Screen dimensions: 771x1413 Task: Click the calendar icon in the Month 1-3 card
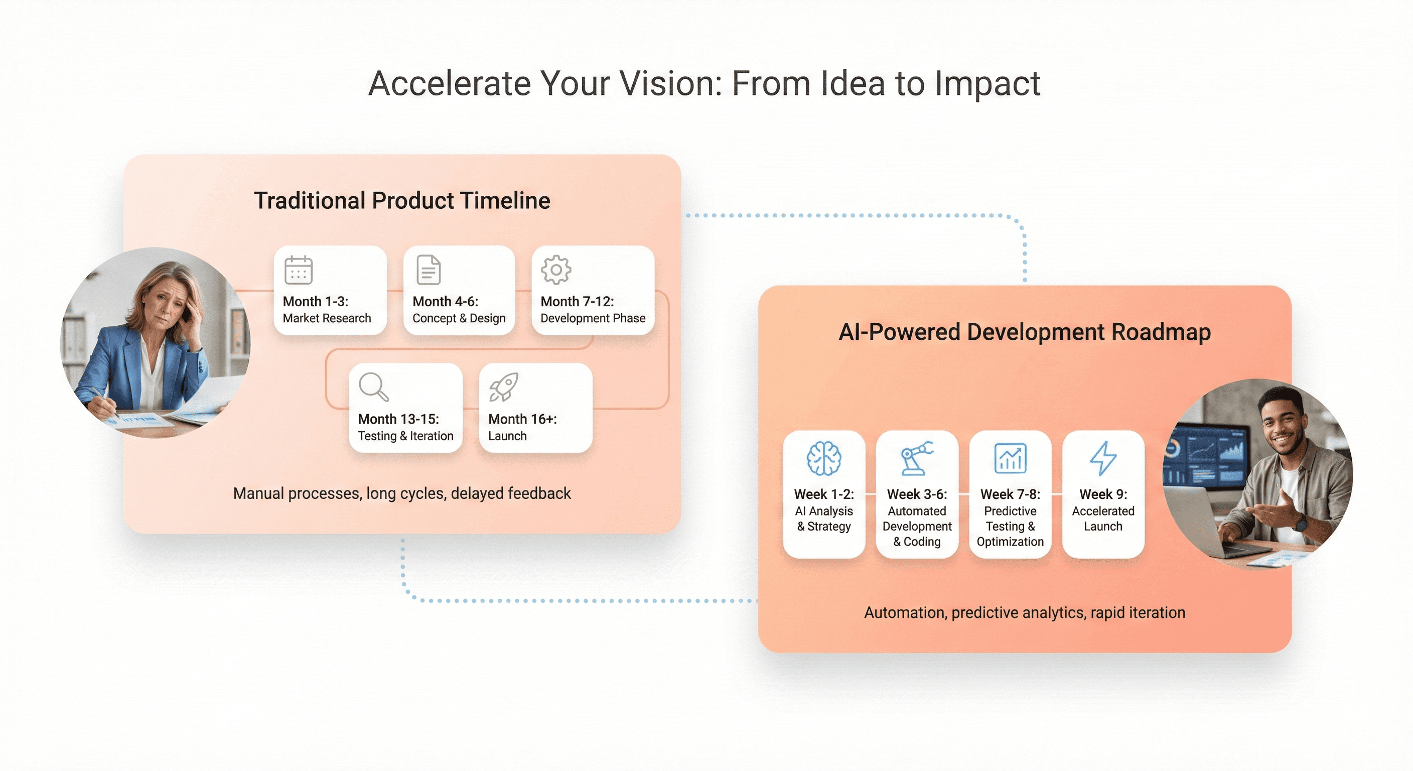299,270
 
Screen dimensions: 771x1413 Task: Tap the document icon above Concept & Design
429,270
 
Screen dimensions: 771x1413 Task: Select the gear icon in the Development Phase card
556,270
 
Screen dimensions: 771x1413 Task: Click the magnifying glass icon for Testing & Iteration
373,387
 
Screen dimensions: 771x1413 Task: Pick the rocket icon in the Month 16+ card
504,387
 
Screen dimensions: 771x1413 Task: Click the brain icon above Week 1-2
824,458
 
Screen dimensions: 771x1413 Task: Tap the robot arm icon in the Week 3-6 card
917,458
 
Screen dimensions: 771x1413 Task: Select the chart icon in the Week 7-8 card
1010,458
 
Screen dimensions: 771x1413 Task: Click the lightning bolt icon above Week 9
1102,458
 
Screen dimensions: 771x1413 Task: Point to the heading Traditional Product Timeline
401,201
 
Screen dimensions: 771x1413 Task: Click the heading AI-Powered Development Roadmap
1025,332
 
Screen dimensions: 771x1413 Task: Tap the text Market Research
327,318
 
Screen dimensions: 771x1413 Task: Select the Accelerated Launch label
1103,519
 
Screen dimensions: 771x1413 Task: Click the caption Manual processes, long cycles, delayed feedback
401,493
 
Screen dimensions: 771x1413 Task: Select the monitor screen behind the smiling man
1207,455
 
